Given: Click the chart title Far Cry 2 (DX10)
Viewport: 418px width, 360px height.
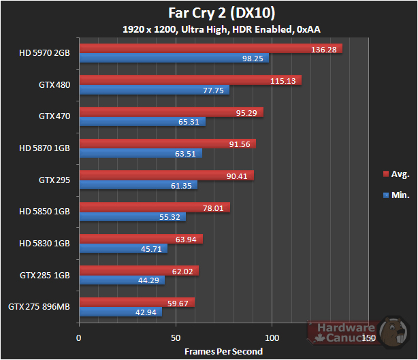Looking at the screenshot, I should click(x=209, y=13).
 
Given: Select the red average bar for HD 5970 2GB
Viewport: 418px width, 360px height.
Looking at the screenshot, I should click(x=210, y=48).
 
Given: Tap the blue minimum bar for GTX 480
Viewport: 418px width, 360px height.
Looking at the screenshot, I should click(x=154, y=90).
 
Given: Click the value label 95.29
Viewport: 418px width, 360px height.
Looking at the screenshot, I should click(x=246, y=112).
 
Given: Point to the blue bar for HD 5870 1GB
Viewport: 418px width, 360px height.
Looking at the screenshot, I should click(x=140, y=153).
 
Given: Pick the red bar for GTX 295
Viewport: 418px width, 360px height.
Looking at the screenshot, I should click(x=166, y=176).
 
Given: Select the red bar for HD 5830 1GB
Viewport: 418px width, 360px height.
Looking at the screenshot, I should click(x=141, y=239).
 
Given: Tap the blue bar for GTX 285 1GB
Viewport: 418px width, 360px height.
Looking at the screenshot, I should click(x=122, y=280).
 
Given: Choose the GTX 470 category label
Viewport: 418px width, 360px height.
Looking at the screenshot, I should click(x=54, y=116).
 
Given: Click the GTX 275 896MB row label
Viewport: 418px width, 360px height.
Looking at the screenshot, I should click(x=39, y=307).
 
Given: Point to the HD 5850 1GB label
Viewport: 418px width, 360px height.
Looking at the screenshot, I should click(x=45, y=212).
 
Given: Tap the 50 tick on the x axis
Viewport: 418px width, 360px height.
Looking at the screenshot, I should click(x=176, y=338).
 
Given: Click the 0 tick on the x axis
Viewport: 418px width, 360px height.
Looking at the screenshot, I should click(x=79, y=338).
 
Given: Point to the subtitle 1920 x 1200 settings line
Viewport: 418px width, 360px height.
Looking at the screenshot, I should click(x=208, y=29).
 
